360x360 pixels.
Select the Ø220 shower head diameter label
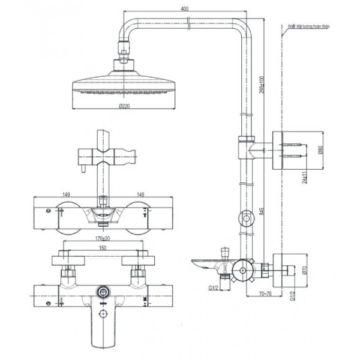point(125,106)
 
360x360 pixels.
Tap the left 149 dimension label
point(67,193)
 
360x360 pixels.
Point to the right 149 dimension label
point(140,193)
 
